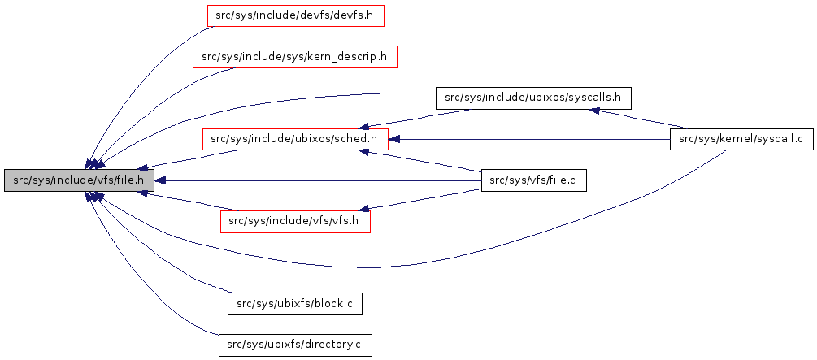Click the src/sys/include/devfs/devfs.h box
(x=294, y=15)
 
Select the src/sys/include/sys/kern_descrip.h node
(x=294, y=57)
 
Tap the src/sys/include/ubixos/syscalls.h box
(x=533, y=98)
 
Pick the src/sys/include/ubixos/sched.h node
(x=294, y=139)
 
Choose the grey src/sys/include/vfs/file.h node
(x=78, y=180)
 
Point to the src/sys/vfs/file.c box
(x=533, y=180)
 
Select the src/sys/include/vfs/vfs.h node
(x=294, y=221)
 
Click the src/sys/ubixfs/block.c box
(x=294, y=304)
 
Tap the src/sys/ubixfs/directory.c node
(x=294, y=345)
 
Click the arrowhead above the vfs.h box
(x=366, y=209)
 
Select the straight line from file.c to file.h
(x=325, y=180)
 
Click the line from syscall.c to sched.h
(x=528, y=139)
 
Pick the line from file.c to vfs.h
(x=423, y=199)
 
